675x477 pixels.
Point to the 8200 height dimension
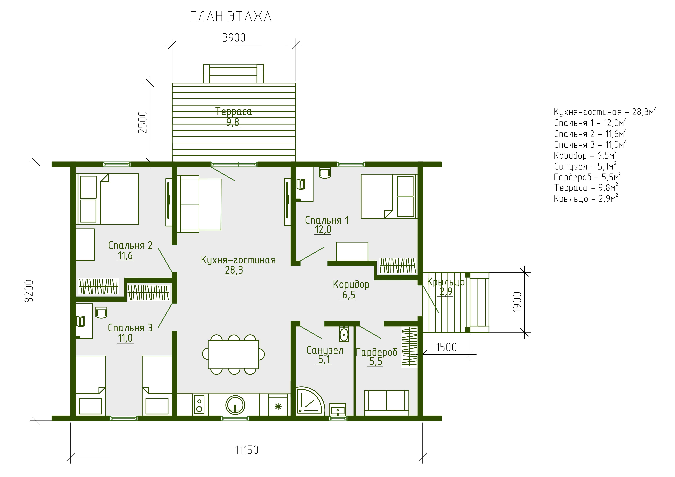[29, 291]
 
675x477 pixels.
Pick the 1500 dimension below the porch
[446, 347]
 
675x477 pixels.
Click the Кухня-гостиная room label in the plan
[238, 260]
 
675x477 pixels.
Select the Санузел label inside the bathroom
[325, 350]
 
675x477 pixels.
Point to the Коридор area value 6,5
[349, 295]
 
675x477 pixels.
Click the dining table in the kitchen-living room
[233, 354]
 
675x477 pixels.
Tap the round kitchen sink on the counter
[235, 405]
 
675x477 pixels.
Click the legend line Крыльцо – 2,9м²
[586, 199]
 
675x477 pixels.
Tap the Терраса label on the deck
[234, 112]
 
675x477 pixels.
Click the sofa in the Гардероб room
[387, 403]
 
